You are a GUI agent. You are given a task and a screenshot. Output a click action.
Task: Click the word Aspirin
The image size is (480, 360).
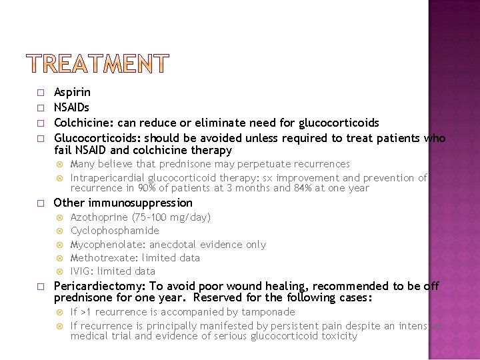[72, 92]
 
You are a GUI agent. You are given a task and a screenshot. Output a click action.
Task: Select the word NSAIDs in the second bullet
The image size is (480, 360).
[71, 107]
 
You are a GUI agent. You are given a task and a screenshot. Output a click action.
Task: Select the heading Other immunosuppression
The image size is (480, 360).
[123, 203]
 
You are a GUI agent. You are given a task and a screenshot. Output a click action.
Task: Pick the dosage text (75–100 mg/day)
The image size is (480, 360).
[170, 217]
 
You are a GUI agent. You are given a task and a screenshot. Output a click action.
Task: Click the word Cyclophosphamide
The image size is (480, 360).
[115, 231]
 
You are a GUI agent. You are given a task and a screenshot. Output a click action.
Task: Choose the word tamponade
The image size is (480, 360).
[269, 312]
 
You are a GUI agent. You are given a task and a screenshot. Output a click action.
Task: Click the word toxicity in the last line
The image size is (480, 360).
[338, 336]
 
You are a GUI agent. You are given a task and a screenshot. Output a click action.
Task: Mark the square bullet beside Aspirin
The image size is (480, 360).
[40, 93]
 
